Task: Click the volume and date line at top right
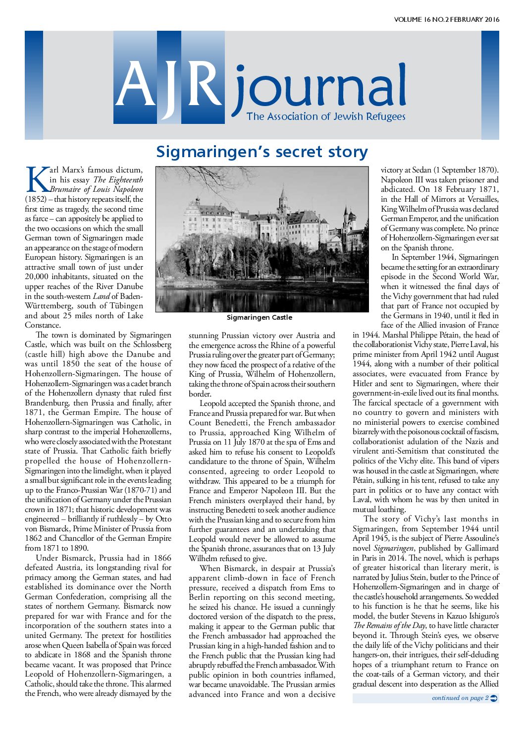pyautogui.click(x=446, y=20)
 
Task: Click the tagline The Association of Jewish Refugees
pyautogui.click(x=326, y=116)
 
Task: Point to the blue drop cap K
pyautogui.click(x=37, y=179)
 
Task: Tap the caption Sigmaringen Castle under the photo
pyautogui.click(x=260, y=317)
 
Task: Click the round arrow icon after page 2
pyautogui.click(x=493, y=698)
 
